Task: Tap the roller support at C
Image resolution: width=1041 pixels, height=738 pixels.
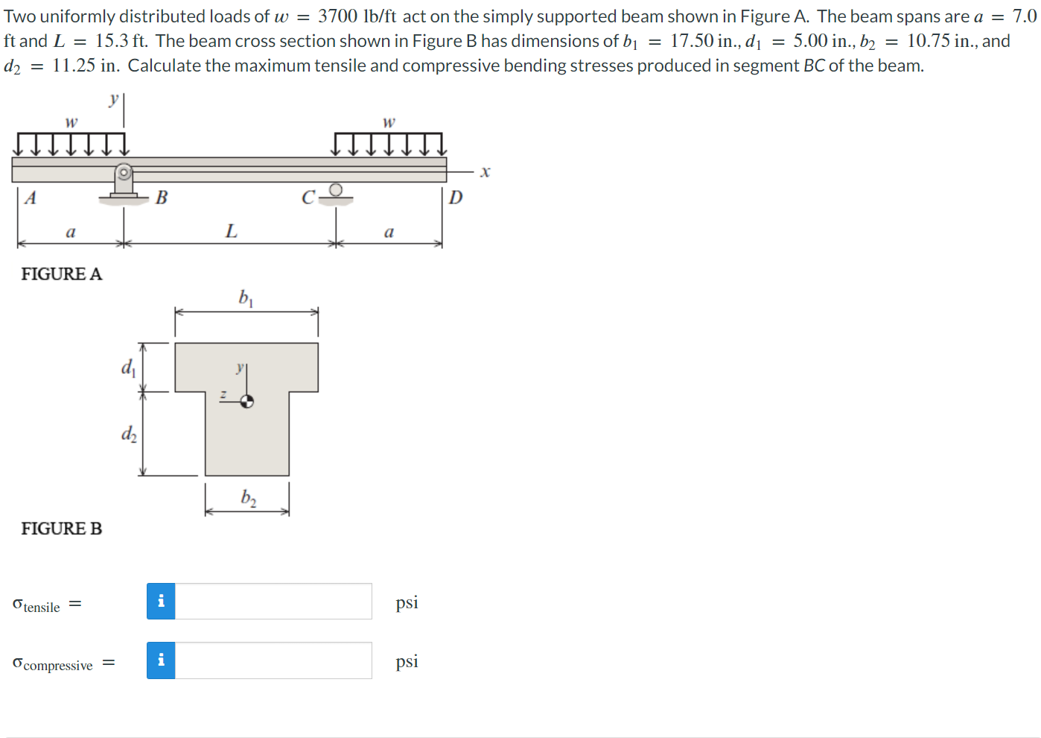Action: coord(336,192)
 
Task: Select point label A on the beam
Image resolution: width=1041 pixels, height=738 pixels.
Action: coord(31,198)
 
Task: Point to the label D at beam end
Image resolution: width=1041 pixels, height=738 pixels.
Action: coord(456,198)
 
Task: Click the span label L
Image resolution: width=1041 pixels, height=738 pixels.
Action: coord(232,231)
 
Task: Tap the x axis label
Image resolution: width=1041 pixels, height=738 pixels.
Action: coord(485,172)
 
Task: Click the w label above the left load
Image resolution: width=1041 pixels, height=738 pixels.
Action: coord(71,122)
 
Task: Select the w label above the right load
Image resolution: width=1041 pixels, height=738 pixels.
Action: coord(389,122)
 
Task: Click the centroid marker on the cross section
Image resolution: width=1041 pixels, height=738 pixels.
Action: coord(247,401)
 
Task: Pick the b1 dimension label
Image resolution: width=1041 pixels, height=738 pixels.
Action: coord(246,297)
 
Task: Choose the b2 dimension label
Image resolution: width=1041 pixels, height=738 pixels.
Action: coord(248,497)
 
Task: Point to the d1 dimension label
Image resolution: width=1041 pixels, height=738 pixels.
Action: coord(128,367)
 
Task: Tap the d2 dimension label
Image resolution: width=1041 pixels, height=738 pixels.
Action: coord(129,433)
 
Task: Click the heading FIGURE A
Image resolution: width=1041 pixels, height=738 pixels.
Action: coord(61,274)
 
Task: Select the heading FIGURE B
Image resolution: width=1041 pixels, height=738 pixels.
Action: coord(61,529)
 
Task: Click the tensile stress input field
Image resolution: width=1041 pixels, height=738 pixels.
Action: coord(273,602)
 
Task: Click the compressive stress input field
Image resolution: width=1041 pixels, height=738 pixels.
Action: coord(273,660)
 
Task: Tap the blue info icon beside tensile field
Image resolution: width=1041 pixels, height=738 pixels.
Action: coord(161,602)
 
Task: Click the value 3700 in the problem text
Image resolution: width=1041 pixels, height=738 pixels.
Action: coord(337,16)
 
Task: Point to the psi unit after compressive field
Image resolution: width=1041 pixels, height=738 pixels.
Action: coord(407,661)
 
